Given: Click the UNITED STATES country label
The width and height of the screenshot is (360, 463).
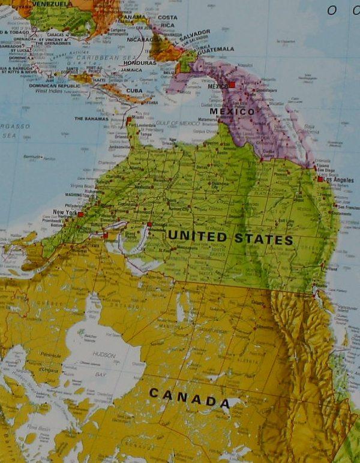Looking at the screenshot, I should [x=230, y=238].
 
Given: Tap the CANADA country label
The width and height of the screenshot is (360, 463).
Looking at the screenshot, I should [x=188, y=397].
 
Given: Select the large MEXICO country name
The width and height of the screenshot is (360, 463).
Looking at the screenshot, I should [x=232, y=112].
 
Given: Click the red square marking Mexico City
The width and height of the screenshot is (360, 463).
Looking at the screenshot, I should [x=232, y=85].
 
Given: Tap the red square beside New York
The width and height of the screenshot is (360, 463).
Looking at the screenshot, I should [x=80, y=214].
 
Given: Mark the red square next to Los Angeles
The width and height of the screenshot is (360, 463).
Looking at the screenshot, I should [x=320, y=179].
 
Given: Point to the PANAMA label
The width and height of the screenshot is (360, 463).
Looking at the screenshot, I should [x=137, y=17].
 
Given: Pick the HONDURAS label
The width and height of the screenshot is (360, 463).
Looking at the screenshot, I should [x=140, y=62].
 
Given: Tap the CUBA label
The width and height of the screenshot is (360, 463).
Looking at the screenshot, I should [x=134, y=91].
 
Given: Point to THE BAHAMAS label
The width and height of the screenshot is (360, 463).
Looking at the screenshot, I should [x=91, y=119].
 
